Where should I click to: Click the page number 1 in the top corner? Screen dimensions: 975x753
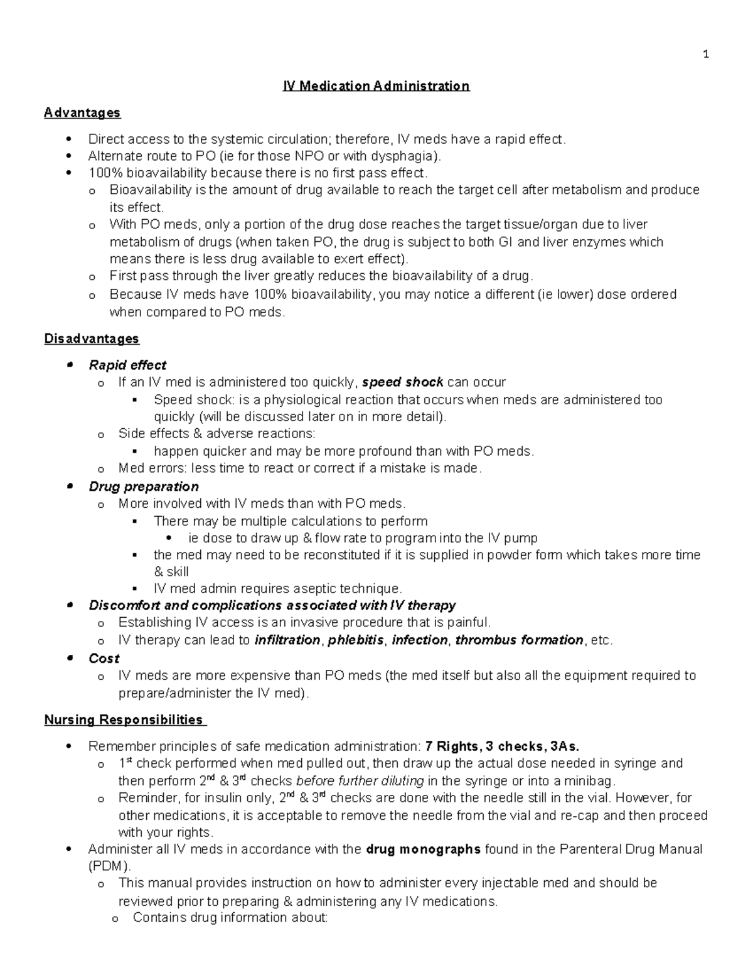706,54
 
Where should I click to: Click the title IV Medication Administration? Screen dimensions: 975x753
376,86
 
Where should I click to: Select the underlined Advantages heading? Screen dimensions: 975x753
82,113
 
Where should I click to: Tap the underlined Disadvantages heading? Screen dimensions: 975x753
92,339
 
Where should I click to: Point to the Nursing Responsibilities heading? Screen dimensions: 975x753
124,719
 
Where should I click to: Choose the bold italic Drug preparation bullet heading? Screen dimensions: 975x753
144,487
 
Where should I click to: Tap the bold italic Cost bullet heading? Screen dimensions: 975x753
104,659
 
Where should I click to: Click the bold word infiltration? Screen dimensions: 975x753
287,640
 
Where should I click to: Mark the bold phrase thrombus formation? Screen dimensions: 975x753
519,640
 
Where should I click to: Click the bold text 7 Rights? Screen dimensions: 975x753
451,746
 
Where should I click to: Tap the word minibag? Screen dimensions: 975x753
590,781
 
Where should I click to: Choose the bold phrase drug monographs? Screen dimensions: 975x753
423,849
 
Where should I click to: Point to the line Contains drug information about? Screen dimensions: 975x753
230,918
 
